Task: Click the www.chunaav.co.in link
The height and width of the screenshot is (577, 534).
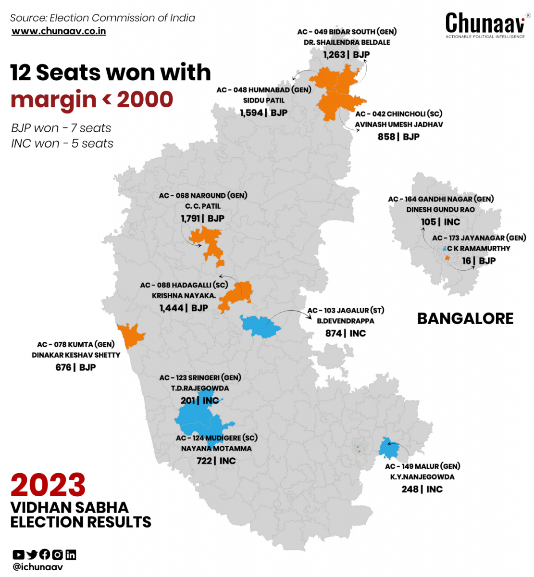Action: tap(59, 31)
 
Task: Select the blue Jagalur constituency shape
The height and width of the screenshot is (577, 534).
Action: tap(260, 326)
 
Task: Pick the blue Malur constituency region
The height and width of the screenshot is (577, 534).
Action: tap(388, 449)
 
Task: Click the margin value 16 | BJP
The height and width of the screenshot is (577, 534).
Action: tap(478, 261)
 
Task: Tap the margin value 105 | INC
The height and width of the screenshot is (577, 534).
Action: tap(440, 222)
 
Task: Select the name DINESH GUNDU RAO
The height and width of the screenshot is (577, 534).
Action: tap(440, 210)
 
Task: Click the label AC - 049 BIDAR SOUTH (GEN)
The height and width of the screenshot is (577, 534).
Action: tap(347, 32)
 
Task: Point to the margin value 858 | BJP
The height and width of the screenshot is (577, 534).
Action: tap(398, 137)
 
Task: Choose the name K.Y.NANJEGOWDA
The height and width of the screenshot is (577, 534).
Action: tap(422, 477)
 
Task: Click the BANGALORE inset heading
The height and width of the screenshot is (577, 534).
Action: tap(465, 318)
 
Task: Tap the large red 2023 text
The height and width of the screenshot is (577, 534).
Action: tap(48, 485)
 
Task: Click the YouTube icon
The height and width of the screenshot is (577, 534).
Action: tap(18, 554)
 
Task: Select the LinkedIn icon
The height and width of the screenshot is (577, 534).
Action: tap(71, 554)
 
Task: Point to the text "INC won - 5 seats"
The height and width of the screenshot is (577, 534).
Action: tap(62, 143)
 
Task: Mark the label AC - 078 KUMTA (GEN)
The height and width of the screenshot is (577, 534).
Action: tap(75, 344)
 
